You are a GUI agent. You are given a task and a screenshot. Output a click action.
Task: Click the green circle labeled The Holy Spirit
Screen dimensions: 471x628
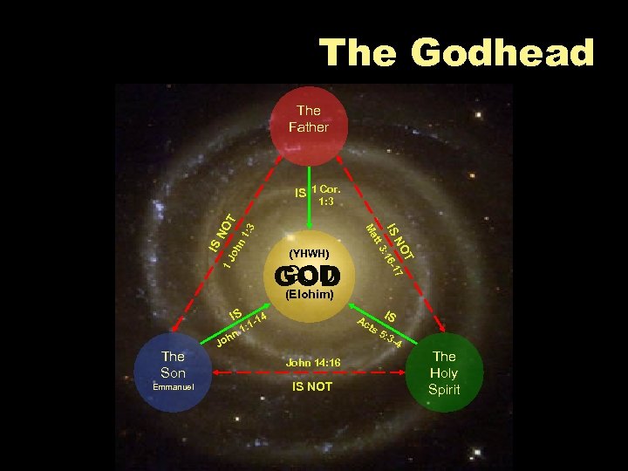coord(444,373)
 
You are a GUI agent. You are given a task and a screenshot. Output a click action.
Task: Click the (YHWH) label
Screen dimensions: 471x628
coord(308,254)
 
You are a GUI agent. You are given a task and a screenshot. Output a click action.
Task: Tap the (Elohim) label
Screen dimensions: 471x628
coord(310,295)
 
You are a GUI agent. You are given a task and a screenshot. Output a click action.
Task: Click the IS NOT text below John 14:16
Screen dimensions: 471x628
coord(311,386)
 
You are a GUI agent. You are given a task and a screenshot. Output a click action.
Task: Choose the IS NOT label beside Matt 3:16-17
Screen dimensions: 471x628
coord(402,240)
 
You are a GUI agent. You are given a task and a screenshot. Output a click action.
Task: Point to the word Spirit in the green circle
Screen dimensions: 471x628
coord(444,390)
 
